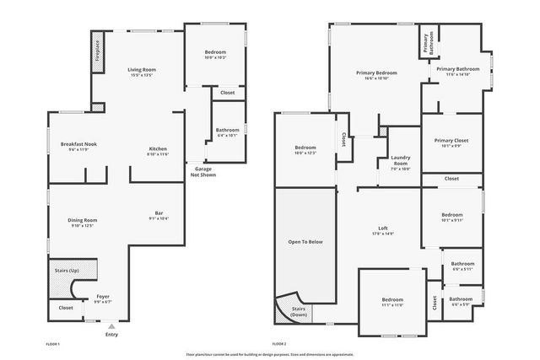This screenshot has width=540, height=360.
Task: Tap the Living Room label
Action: pos(142,69)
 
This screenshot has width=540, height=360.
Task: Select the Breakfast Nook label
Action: pos(78,144)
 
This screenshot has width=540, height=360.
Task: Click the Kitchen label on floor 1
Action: pos(159,148)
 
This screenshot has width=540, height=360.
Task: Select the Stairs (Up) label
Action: pos(67,270)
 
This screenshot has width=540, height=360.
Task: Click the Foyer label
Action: pos(103,297)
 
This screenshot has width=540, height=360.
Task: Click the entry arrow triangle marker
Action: pos(111,324)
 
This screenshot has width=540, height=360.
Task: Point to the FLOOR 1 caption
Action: pos(52,344)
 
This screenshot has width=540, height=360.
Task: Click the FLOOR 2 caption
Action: pos(279,344)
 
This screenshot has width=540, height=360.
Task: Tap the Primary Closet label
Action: pos(451,141)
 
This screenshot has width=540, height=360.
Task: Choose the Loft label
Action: pos(383,228)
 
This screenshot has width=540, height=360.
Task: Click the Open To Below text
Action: pos(305,242)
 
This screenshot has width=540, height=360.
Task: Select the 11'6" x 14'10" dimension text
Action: pos(457,75)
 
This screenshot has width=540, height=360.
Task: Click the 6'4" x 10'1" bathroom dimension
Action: pos(228,135)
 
